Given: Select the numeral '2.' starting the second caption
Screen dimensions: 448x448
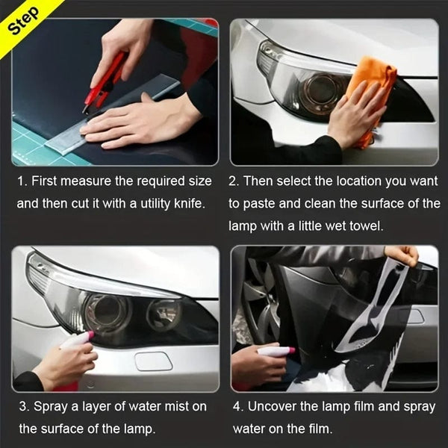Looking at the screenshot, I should tap(234, 181).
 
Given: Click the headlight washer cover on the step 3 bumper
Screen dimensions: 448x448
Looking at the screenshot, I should tap(152, 362).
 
